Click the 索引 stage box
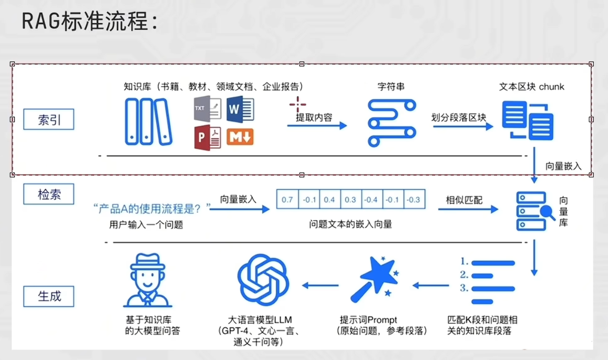pos(49,119)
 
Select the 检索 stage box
pos(49,194)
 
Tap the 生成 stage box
pos(49,296)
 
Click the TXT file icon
pos(208,108)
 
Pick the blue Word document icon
pos(240,109)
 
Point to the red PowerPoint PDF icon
pos(208,138)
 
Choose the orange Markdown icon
pos(240,137)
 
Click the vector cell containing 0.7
pos(287,199)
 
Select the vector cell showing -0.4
pos(371,199)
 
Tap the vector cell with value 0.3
pos(351,199)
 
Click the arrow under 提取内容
pos(317,125)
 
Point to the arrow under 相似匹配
pos(468,210)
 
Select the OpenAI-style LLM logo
pos(263,280)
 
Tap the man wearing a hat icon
pos(147,280)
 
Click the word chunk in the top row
pos(551,87)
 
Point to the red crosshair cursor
pos(298,105)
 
